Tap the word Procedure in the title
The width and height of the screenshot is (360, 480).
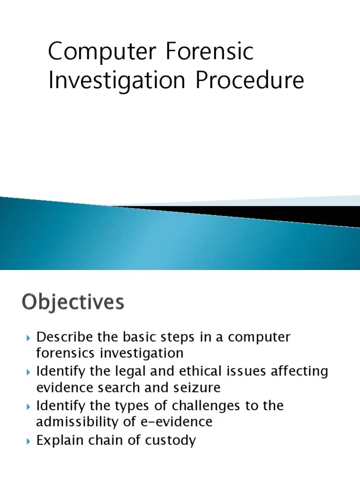click(250, 81)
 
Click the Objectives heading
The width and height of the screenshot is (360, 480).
click(73, 302)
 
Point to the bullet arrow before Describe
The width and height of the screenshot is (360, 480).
click(29, 338)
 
